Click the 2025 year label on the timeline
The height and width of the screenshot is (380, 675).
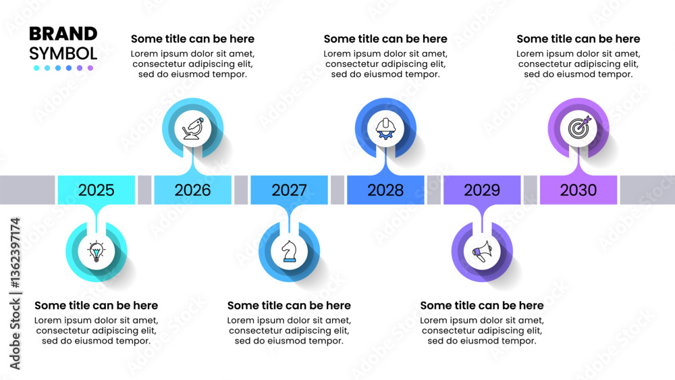point(96,190)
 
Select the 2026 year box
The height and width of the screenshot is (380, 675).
point(192,190)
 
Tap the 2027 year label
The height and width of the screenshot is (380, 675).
point(289,190)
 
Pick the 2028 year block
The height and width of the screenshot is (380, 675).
point(385,190)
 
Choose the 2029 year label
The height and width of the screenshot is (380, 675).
point(482,190)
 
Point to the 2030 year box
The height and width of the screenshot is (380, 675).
point(578,190)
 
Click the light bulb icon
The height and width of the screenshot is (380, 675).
point(97,251)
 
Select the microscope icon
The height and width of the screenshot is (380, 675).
point(193,128)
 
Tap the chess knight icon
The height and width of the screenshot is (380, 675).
point(289,251)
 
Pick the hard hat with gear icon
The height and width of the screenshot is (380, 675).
point(385,128)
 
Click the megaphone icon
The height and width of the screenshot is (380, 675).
point(482,251)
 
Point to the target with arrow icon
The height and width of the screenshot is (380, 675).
point(579,128)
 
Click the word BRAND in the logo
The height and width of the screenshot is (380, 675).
point(63,34)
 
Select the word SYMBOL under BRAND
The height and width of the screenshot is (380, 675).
point(63,53)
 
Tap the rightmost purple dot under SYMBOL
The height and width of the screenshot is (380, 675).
point(90,68)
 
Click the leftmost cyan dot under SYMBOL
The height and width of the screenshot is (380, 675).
point(36,68)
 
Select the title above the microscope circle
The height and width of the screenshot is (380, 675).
point(192,38)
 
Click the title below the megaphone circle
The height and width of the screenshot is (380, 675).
point(482,305)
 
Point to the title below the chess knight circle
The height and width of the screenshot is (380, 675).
point(289,305)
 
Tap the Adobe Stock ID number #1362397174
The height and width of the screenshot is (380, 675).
point(15,252)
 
